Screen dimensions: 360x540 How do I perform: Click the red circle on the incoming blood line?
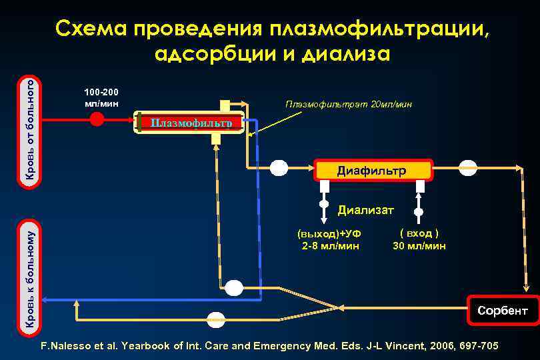click(97, 120)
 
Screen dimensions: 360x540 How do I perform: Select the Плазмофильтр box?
click(190, 123)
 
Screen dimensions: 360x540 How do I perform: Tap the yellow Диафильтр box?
click(372, 171)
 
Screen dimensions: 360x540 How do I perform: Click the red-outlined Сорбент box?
click(501, 311)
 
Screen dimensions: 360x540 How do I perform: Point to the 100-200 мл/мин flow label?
click(101, 98)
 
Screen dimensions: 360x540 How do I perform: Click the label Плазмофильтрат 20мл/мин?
click(348, 105)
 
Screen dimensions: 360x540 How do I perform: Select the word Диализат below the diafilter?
click(366, 211)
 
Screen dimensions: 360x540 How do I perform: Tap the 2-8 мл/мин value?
click(331, 246)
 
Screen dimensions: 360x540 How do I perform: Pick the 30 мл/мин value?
click(419, 246)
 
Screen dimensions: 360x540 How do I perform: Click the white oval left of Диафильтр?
click(279, 167)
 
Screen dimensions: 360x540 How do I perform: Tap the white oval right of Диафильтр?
click(469, 167)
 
